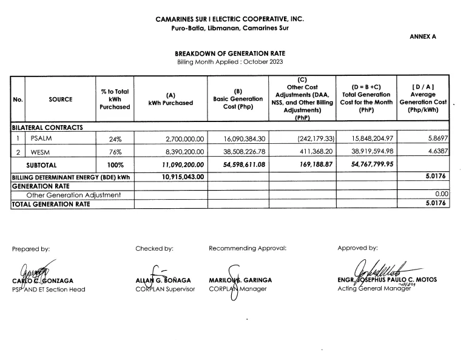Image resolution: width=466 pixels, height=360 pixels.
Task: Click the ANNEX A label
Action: click(x=423, y=37)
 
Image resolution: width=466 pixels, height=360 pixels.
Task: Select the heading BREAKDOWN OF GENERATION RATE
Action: click(x=229, y=53)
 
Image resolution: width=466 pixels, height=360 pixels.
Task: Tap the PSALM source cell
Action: click(x=41, y=138)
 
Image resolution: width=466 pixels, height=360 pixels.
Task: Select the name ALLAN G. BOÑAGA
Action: click(x=161, y=280)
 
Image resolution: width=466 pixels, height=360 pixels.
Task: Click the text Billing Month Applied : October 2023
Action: click(x=229, y=63)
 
